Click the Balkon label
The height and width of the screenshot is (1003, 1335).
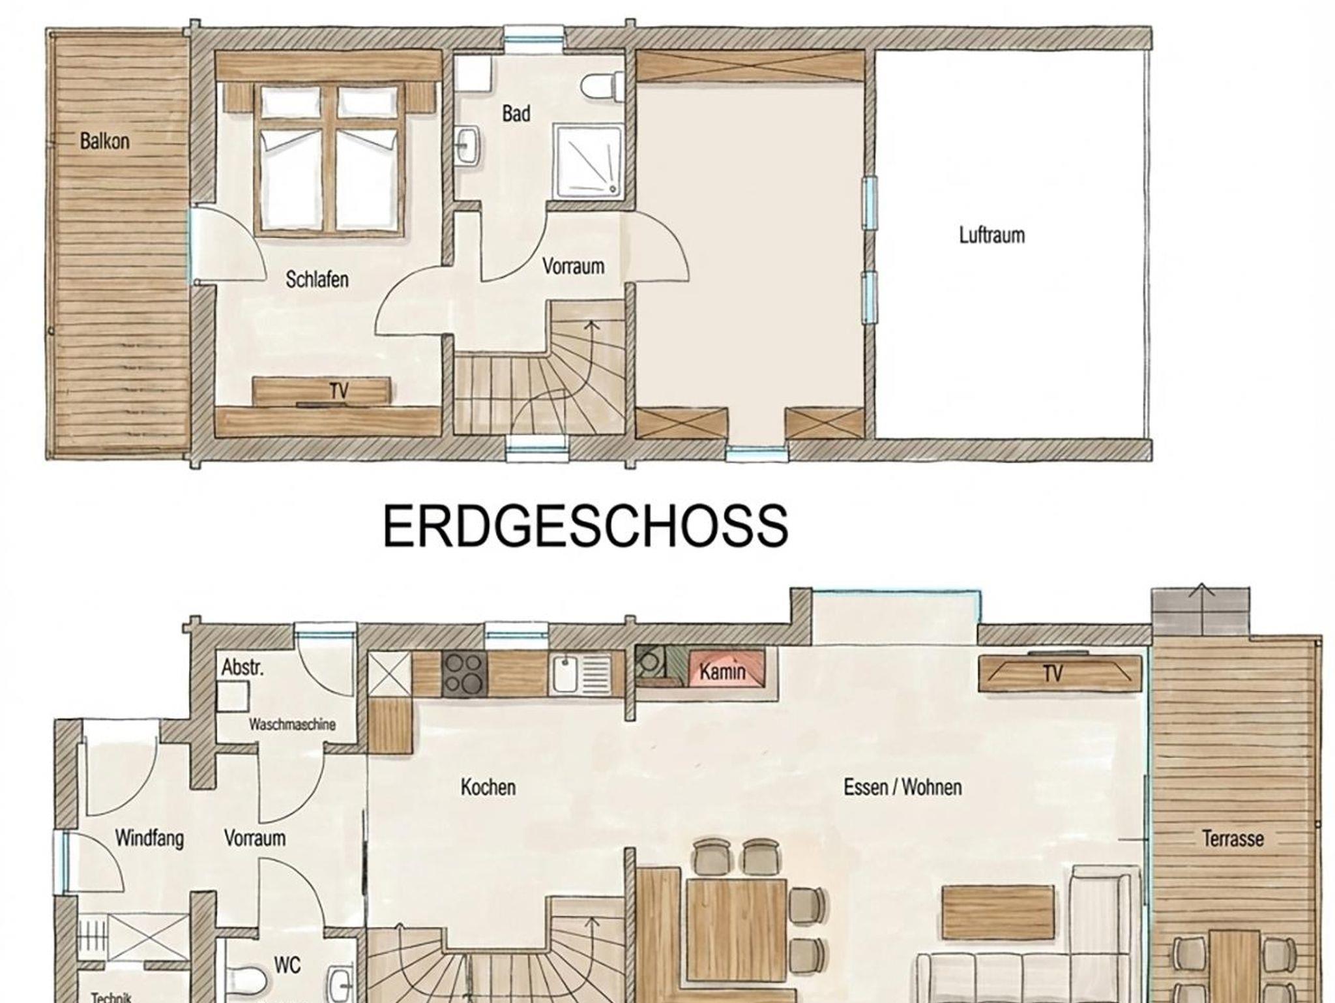(104, 142)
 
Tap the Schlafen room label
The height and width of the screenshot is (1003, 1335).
(317, 280)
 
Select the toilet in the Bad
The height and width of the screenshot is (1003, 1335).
(600, 87)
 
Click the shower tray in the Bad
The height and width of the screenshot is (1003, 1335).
(588, 162)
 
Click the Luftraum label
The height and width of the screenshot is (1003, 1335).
(991, 235)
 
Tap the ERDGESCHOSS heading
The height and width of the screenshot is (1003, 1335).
(585, 526)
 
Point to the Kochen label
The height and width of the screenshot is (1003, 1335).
(488, 787)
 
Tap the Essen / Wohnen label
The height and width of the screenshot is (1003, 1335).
(903, 787)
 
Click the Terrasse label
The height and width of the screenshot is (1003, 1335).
(1233, 838)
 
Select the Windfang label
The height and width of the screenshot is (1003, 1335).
(149, 838)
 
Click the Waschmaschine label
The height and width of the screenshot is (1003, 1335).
(292, 725)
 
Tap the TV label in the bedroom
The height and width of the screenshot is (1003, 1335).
(339, 391)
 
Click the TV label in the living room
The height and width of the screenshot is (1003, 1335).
(1053, 673)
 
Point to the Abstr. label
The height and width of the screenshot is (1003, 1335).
(242, 667)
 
